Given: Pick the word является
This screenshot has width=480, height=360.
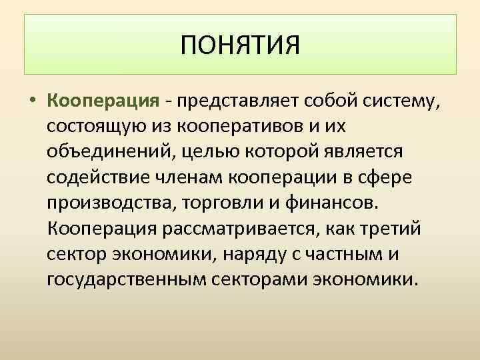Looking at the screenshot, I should (366, 153).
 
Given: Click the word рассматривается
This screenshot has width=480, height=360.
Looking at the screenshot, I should (237, 227).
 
